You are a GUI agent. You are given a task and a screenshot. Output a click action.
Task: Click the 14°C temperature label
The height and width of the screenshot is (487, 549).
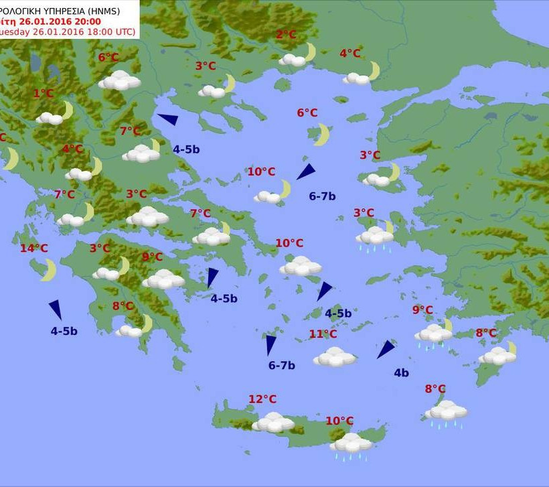click(33, 249)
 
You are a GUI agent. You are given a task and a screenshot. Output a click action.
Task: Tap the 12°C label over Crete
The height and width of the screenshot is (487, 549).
click(262, 399)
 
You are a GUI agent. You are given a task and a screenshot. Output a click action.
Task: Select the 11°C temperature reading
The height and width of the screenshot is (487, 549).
click(323, 334)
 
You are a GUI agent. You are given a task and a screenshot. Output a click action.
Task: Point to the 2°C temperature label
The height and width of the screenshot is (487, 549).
click(286, 35)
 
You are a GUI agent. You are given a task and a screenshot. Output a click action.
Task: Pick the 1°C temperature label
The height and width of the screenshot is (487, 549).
click(44, 94)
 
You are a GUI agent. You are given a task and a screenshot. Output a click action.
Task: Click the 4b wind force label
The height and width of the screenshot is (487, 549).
click(401, 373)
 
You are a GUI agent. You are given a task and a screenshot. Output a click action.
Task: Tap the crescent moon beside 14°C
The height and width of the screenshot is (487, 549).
click(48, 270)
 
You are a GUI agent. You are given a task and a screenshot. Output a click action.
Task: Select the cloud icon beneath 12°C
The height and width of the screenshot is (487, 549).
click(272, 422)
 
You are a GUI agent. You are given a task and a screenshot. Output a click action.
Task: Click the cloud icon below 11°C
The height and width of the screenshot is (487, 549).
click(334, 356)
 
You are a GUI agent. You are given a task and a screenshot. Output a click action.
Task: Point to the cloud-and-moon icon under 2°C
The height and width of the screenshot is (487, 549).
click(297, 56)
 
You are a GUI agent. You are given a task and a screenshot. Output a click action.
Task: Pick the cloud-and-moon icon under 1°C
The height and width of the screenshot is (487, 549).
click(54, 115)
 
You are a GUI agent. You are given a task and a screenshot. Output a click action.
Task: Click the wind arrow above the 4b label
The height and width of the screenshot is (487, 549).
click(385, 349)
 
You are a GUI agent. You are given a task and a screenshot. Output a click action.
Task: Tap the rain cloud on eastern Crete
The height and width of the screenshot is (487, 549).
click(350, 443)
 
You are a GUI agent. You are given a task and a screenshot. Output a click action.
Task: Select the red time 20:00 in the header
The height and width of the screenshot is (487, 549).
click(87, 21)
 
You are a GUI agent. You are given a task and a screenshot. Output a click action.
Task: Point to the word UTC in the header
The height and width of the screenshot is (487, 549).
click(124, 31)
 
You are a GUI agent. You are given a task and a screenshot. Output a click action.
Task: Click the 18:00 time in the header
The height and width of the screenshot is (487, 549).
click(98, 31)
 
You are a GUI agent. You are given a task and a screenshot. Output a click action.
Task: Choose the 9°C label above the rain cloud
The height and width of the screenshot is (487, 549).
click(422, 309)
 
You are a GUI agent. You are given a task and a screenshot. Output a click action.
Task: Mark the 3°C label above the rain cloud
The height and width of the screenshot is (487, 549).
click(364, 213)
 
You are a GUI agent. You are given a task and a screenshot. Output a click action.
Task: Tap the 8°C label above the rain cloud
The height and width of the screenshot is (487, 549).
click(435, 389)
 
